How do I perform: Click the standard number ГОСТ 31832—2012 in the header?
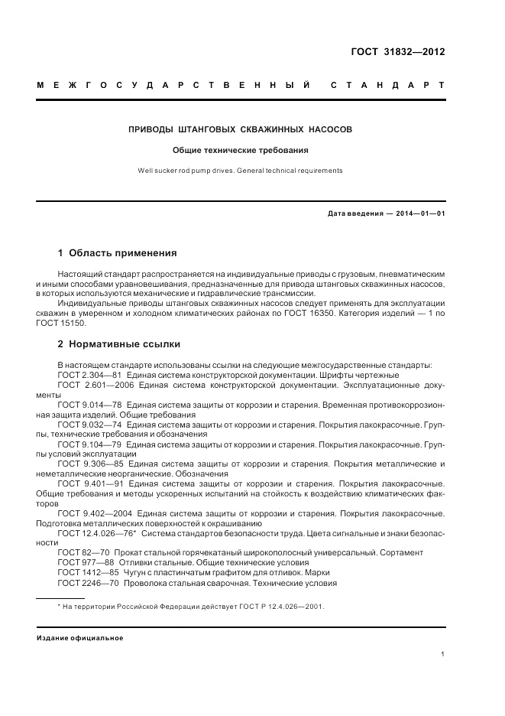[397, 53]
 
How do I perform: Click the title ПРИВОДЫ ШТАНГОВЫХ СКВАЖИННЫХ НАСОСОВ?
[240, 130]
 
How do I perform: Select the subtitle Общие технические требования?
[241, 151]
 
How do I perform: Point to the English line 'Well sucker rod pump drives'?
[240, 171]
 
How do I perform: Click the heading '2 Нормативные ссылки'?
[119, 344]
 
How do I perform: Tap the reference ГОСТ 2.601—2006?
[92, 386]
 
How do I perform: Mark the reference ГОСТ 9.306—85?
[89, 464]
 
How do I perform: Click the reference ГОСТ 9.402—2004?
[94, 513]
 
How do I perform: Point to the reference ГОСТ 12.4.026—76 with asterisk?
[96, 532]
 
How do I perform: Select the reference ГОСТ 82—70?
[82, 552]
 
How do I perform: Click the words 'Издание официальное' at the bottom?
[80, 637]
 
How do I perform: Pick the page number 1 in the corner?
[443, 654]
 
